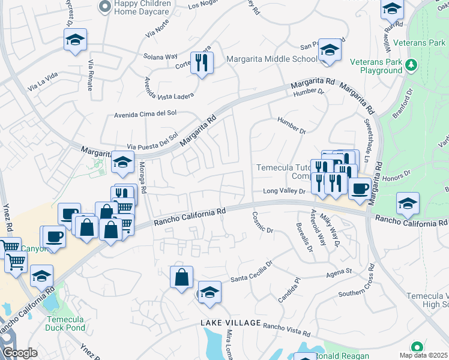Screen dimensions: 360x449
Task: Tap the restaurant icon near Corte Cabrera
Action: click(202, 62)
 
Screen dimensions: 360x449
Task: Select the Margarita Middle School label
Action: click(272, 59)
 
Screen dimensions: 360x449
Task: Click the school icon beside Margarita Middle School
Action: click(330, 50)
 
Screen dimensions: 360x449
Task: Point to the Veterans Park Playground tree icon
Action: click(412, 64)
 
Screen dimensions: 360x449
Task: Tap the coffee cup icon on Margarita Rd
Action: click(360, 188)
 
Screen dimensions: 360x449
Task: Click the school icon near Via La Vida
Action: click(75, 40)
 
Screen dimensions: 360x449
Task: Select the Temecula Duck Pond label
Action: click(65, 323)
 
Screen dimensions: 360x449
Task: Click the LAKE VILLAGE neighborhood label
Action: click(231, 323)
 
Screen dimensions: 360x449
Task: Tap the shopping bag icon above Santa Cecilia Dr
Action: click(181, 277)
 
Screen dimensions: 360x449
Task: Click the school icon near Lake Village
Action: click(209, 293)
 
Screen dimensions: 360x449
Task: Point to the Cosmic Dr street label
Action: click(263, 223)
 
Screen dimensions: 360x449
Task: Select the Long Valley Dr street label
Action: click(285, 191)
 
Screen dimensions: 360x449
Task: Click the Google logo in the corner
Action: click(20, 353)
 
